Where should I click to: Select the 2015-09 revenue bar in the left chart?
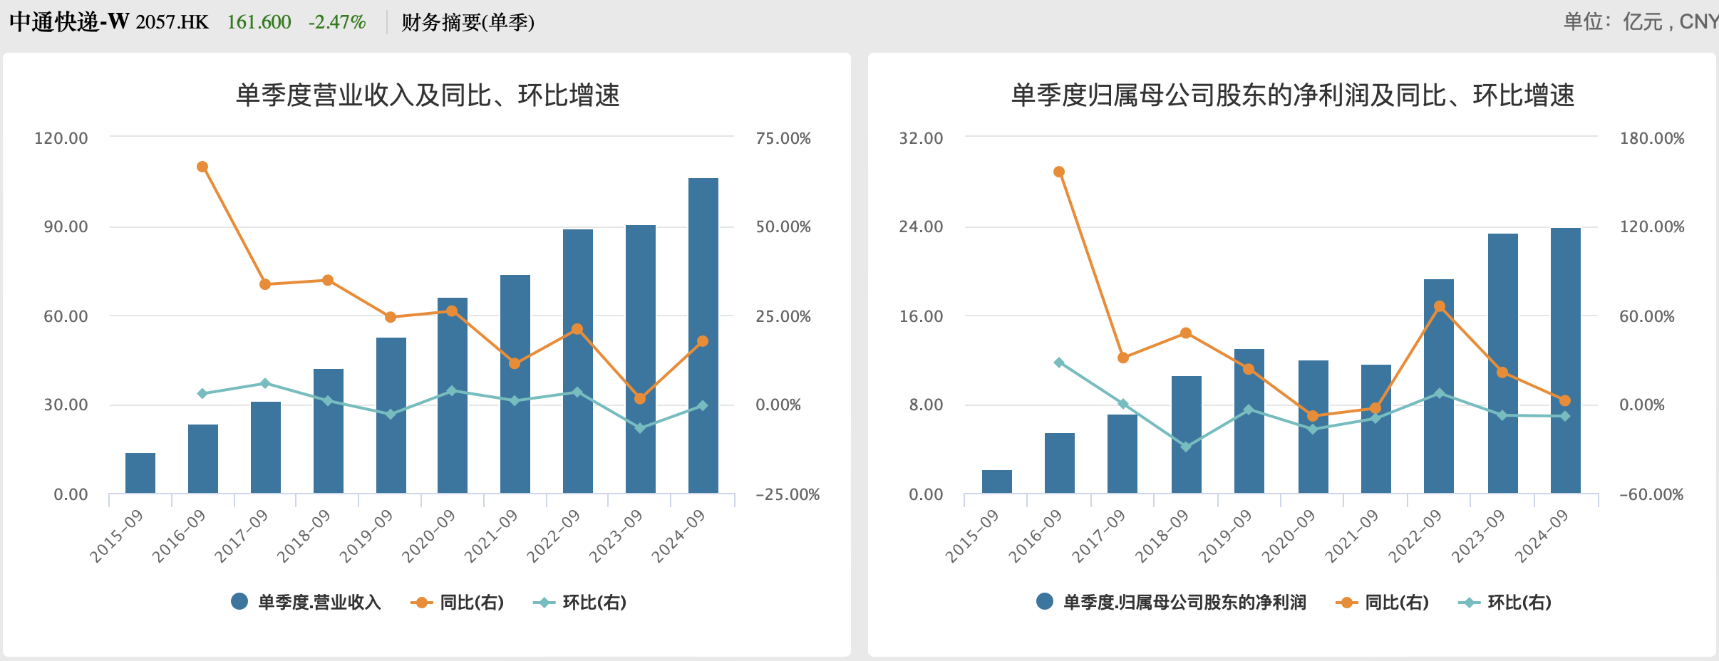(140, 473)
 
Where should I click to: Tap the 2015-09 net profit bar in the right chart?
(996, 482)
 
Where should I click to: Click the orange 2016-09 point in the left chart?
(202, 167)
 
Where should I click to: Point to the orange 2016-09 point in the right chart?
(1059, 172)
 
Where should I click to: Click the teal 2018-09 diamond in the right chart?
(1186, 447)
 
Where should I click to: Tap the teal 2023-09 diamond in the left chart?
(640, 428)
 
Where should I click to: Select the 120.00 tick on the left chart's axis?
(61, 138)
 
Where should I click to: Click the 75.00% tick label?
(783, 138)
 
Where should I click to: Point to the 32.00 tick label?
(921, 138)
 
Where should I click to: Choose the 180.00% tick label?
(1652, 138)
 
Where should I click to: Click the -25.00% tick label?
(788, 494)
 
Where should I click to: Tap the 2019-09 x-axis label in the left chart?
(366, 536)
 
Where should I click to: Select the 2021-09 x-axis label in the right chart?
(1352, 536)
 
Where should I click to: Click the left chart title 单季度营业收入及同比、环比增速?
(428, 95)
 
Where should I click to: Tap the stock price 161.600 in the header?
(259, 22)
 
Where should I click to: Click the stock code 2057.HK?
(172, 22)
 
